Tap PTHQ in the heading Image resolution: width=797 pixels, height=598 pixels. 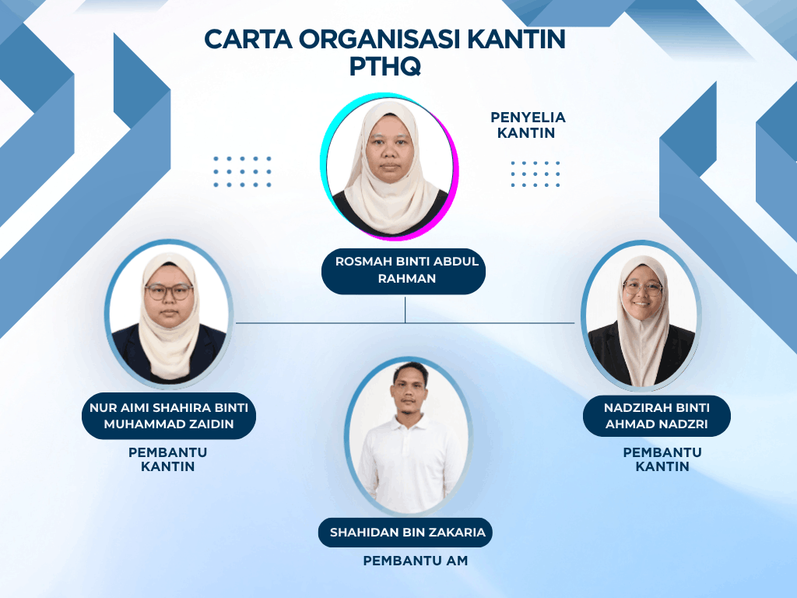click(x=385, y=67)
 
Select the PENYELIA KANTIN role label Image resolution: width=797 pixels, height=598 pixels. click(x=528, y=125)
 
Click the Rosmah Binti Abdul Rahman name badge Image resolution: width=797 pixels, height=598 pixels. click(x=404, y=270)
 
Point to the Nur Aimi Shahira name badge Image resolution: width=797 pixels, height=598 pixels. click(x=169, y=416)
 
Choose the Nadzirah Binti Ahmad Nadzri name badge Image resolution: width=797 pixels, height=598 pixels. click(x=657, y=416)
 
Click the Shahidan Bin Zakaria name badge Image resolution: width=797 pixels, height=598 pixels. click(x=405, y=533)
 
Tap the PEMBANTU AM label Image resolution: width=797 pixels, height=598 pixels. click(x=416, y=561)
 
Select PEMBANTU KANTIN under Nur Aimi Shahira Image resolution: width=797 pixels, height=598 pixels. click(x=168, y=459)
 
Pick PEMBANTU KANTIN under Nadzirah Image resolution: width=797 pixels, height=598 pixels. click(x=662, y=459)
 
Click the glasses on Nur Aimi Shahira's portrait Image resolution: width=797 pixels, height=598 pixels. click(x=169, y=292)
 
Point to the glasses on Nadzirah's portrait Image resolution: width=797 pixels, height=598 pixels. click(x=643, y=288)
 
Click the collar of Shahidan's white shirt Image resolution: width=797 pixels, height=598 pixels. click(x=411, y=423)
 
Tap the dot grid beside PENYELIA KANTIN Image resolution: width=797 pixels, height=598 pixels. click(x=535, y=174)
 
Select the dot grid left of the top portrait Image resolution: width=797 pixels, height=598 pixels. click(x=243, y=171)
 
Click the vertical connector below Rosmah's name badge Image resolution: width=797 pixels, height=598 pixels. click(x=405, y=310)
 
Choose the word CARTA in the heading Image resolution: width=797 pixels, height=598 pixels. click(x=248, y=39)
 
